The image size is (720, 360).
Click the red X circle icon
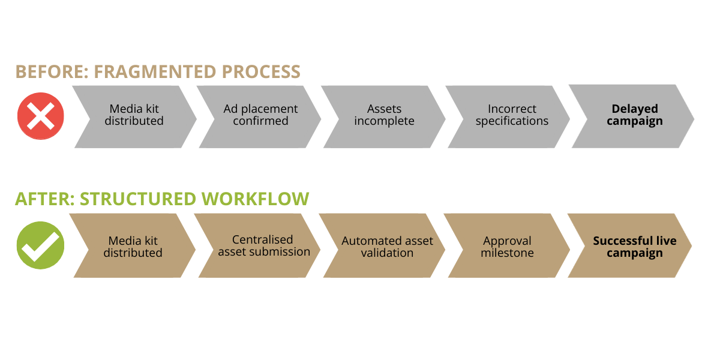coord(40,116)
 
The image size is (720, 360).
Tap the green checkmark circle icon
coord(40,245)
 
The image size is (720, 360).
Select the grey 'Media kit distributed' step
coord(134,116)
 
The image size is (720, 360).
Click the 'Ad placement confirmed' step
coord(260,116)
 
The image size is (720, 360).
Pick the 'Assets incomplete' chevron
coord(384,116)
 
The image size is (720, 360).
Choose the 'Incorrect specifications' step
coord(512,116)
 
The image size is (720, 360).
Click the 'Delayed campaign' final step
coord(634,116)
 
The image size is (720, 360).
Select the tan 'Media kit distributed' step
coord(133,246)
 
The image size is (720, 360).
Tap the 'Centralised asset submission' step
coord(263,246)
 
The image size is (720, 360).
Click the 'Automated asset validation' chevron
coord(387,246)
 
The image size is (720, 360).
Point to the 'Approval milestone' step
coord(507,246)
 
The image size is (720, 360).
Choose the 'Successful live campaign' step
coord(634,246)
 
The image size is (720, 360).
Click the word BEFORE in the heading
coord(51,72)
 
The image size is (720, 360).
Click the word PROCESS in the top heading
coord(261,72)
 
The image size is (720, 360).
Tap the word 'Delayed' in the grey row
coord(634,109)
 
